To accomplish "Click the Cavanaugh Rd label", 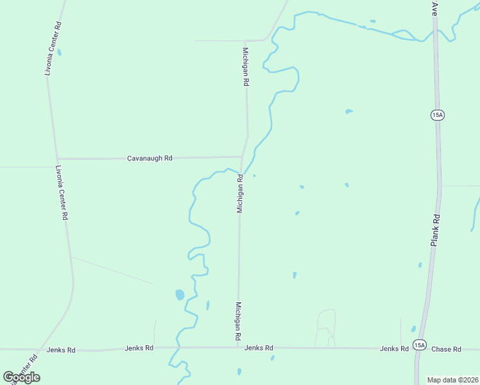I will pos(150,158).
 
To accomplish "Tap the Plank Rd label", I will pos(435,230).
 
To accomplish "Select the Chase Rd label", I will pos(446,349).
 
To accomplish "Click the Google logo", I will pos(21,377).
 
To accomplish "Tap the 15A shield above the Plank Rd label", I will pos(438,115).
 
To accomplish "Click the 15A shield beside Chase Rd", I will pos(419,345).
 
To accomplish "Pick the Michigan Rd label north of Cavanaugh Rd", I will pos(245,67).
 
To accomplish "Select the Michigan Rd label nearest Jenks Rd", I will pos(237,321).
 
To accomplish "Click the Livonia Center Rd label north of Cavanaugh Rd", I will pos(53,49).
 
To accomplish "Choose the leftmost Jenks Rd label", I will pos(61,350).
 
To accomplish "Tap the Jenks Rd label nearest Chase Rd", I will pos(394,349).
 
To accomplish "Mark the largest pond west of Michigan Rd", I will pos(180,295).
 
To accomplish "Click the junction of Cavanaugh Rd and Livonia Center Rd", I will pos(58,158).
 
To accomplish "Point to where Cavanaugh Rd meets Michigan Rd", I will pos(242,157).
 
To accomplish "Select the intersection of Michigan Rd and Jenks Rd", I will pos(239,348).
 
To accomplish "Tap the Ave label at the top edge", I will pos(434,8).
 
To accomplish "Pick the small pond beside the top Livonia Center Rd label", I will pos(59,53).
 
